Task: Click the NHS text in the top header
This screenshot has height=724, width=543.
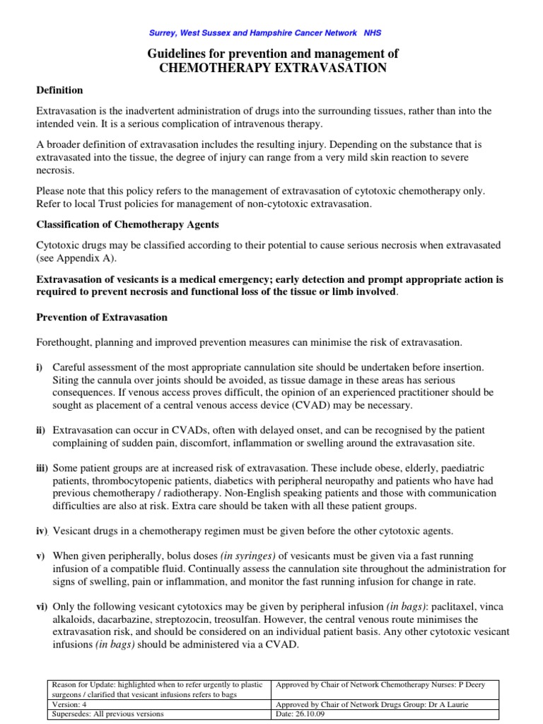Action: click(372, 33)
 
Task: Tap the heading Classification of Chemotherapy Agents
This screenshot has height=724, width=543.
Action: click(127, 224)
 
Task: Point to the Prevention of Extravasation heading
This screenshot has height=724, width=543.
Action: click(102, 317)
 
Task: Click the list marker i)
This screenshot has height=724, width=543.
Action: click(40, 367)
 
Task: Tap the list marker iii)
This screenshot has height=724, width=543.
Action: click(43, 467)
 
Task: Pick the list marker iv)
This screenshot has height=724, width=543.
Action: click(42, 531)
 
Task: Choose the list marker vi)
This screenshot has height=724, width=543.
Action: click(42, 608)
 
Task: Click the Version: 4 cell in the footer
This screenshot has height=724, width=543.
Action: click(68, 704)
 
